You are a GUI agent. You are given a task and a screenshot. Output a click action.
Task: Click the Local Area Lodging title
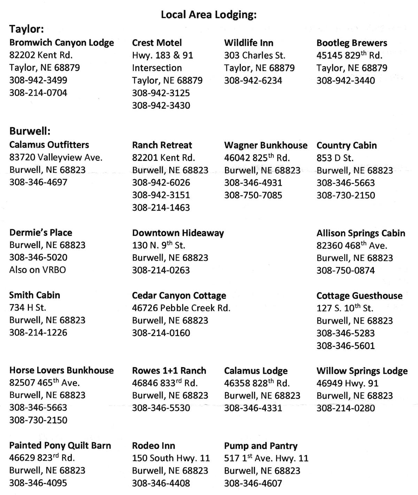coord(208,15)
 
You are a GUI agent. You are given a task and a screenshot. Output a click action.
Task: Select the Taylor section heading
coord(26,29)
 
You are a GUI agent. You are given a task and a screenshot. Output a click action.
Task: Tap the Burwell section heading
coord(30,131)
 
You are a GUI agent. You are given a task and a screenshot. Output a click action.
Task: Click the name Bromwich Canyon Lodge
coord(62,42)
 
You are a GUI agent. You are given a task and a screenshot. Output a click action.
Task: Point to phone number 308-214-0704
coord(38,93)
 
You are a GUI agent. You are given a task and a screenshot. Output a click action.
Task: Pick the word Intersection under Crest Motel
coord(157,68)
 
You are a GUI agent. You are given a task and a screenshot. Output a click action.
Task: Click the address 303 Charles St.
coord(255,55)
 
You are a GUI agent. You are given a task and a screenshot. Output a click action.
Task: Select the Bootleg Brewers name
coord(352,43)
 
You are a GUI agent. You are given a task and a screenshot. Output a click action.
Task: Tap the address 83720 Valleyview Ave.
coord(56,157)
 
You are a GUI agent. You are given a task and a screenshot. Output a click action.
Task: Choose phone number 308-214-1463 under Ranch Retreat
coord(161,208)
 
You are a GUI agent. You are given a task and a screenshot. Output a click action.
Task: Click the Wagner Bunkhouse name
coord(266,145)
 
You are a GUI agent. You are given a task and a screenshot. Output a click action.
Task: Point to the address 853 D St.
coord(335,158)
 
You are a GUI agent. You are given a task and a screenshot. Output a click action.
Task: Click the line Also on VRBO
coord(38,270)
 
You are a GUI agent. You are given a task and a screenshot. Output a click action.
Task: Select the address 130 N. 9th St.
coord(158,245)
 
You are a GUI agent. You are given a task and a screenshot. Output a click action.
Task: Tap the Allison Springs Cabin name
coord(361,233)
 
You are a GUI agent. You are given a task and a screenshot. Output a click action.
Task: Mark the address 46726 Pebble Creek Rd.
coord(181,308)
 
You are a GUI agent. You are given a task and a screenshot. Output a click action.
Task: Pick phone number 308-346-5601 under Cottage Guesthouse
coord(346,346)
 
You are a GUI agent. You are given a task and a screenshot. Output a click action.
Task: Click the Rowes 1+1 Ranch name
coord(169,371)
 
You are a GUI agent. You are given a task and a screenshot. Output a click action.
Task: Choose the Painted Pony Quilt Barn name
coord(60,446)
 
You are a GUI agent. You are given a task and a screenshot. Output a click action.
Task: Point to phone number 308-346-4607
coord(253,483)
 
